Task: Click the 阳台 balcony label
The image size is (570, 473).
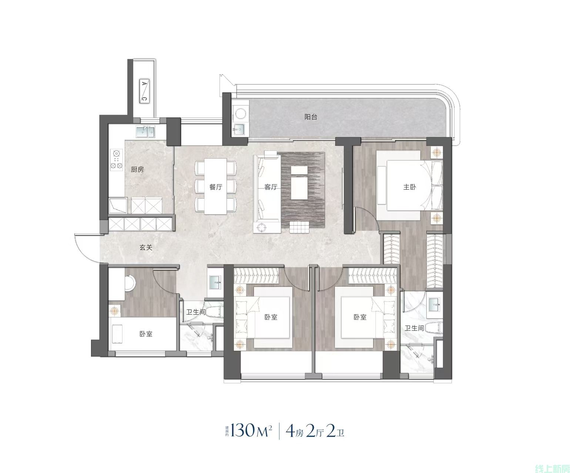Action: (311, 117)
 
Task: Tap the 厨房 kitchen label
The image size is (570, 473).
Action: (137, 169)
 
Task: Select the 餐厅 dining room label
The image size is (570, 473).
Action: (216, 187)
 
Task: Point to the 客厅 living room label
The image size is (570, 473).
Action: (271, 187)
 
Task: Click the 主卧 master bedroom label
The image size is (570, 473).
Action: (410, 187)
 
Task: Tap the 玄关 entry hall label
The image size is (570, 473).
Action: (146, 247)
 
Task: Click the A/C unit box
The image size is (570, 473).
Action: (144, 91)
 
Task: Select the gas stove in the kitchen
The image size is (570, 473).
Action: (116, 159)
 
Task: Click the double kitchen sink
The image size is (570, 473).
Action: (145, 132)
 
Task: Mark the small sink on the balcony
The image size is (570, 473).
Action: (240, 129)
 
